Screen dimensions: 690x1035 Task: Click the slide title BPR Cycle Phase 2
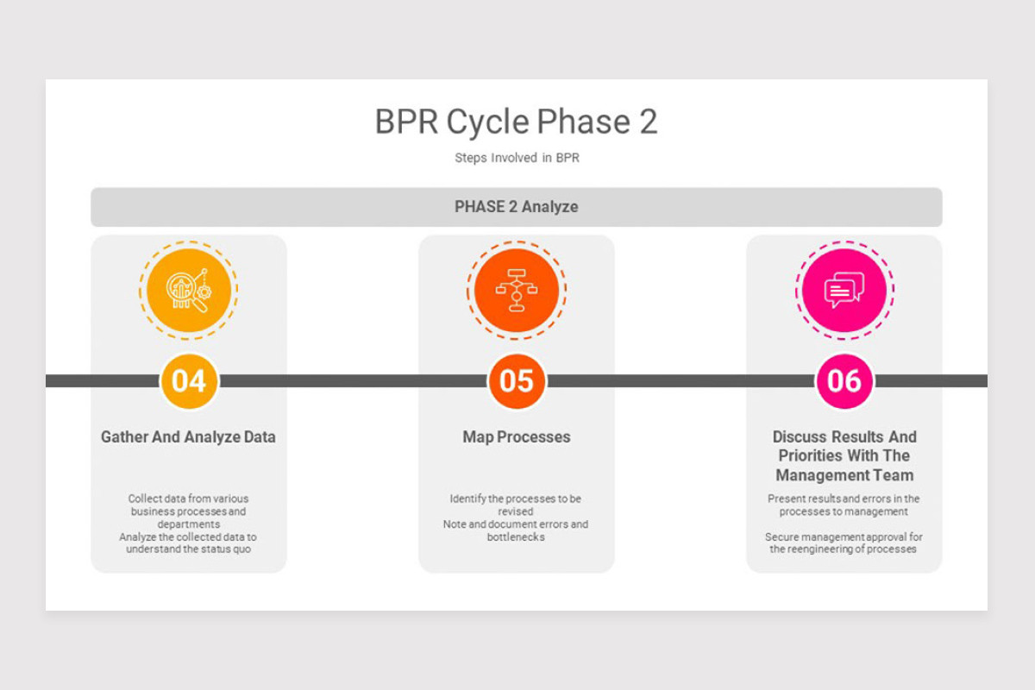coord(516,122)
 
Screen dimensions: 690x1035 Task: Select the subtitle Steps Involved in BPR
coord(516,158)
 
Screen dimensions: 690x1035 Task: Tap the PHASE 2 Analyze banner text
coord(516,207)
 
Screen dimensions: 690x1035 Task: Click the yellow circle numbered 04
coord(189,380)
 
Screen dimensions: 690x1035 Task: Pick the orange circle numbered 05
coord(516,380)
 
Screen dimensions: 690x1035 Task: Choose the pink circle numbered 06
coord(844,380)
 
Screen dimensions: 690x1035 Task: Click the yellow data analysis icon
coord(189,291)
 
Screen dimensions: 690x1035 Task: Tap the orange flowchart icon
coord(516,291)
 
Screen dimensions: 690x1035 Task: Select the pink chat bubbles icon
coord(844,291)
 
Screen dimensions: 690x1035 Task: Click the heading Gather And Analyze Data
coord(188,437)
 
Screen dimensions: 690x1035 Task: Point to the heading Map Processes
coord(516,437)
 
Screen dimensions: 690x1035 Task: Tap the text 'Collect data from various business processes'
coord(188,505)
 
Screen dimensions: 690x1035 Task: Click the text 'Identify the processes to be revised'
coord(516,505)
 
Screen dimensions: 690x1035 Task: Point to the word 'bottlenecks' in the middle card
coord(516,537)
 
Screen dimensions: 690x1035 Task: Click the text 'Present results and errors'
coord(844,499)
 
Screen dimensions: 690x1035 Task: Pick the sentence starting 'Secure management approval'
coord(844,543)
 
